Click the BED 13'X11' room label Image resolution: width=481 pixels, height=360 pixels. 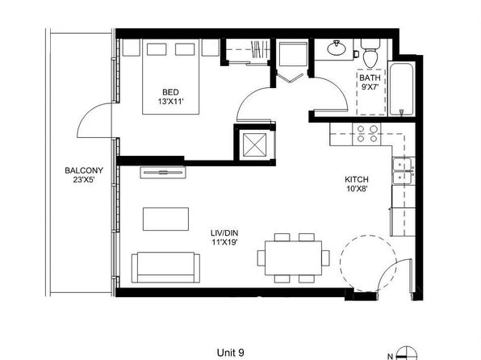pos(170,97)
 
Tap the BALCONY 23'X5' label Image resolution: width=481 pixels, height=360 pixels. pos(84,175)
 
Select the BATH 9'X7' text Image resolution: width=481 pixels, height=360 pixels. pos(370,82)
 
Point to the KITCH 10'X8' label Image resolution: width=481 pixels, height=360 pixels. pos(357,184)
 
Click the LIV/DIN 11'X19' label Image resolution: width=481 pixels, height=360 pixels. pos(224,237)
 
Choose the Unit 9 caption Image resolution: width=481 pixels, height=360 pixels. pos(230,353)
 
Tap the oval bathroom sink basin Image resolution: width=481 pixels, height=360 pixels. pos(337,48)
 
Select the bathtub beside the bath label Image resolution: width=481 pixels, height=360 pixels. pos(402,89)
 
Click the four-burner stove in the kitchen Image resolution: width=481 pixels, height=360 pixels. pos(366,134)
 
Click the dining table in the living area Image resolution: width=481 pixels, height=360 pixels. pos(294,258)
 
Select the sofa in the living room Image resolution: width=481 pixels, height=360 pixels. pos(165,267)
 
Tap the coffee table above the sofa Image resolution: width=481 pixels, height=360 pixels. pos(165,219)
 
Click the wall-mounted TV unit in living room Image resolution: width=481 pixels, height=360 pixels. pos(163,172)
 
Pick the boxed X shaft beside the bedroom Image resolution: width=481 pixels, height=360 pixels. pos(254,144)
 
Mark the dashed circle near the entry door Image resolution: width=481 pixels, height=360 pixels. pos(368,264)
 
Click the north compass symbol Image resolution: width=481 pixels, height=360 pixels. pos(406,353)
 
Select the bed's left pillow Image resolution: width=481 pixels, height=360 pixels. pos(157,49)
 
